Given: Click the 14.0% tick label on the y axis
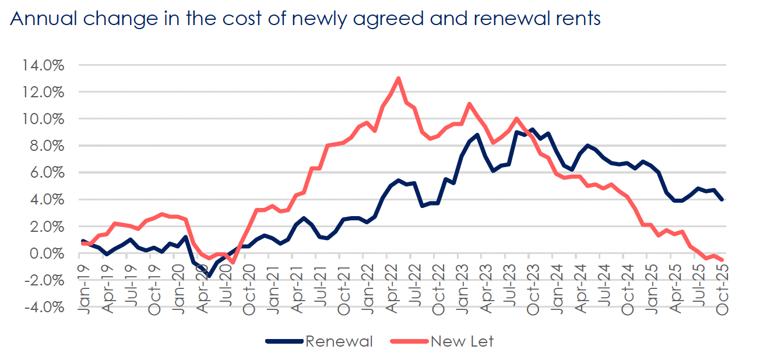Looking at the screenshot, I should coord(43,65).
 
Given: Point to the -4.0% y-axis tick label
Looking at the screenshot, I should coord(42,307).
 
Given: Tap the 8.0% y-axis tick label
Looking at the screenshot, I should coord(45,146).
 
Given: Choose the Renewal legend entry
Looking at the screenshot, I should coord(339,341).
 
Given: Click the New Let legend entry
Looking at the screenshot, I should coord(462,341).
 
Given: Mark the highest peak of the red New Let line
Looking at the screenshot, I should coord(398,78).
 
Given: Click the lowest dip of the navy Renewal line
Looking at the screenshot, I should coord(209,276).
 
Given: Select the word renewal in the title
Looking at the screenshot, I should coord(506,19).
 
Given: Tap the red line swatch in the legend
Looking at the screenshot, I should coord(410,341).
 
